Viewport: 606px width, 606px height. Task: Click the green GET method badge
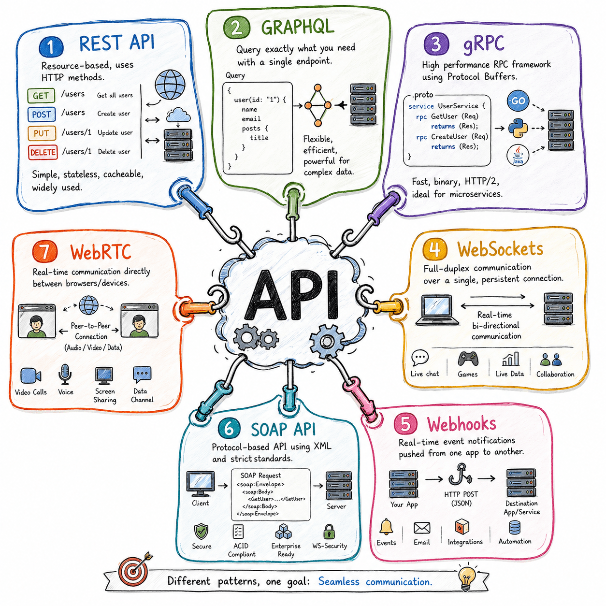pos(41,96)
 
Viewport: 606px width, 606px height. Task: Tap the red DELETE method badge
pos(43,152)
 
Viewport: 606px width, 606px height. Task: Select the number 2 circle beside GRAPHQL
pos(237,27)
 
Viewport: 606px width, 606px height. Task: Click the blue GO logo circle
pos(518,101)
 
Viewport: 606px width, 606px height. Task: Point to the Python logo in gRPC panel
pos(518,128)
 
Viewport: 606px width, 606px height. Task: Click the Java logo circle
pos(518,156)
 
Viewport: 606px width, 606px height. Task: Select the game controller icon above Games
pos(468,359)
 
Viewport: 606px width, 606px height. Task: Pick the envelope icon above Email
pos(422,528)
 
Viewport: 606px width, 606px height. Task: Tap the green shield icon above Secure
pos(201,532)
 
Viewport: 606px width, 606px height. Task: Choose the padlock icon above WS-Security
pos(329,532)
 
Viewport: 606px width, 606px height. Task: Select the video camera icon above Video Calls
pos(30,375)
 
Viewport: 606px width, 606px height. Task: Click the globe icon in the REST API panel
pos(170,85)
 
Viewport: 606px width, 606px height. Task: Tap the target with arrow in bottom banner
pos(134,571)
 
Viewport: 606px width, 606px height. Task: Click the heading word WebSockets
pos(500,249)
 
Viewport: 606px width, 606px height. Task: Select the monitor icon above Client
pos(201,484)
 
